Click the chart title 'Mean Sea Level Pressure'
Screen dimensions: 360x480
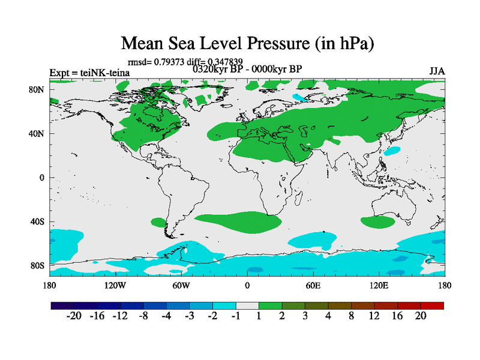pos(248,44)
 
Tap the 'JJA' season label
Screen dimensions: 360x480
pos(437,71)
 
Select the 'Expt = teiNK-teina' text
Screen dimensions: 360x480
pos(89,73)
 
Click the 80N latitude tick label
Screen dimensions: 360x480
pos(38,89)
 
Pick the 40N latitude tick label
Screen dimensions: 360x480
pos(38,134)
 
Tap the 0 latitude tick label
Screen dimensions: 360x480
pos(42,178)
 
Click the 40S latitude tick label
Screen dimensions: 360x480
pos(38,221)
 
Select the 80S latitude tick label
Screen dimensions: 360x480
pos(38,265)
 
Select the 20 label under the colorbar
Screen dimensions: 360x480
pos(420,316)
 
